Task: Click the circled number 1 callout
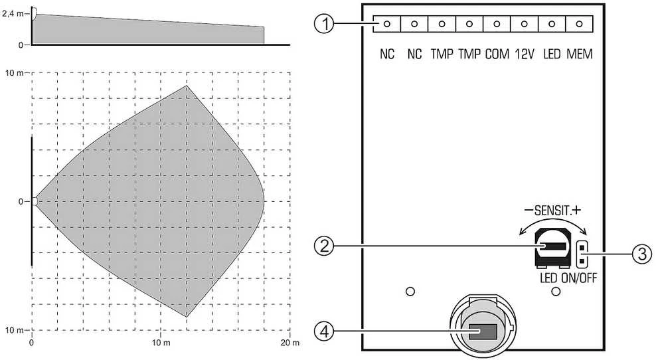tap(324, 25)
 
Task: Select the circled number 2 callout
tap(324, 246)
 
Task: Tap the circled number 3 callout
tap(642, 254)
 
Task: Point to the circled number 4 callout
tap(324, 332)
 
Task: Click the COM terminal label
tap(497, 54)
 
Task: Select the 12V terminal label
tap(525, 54)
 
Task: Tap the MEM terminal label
tap(580, 54)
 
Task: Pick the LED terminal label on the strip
tap(552, 54)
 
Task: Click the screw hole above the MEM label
tap(579, 24)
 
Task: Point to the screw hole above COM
tap(497, 24)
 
